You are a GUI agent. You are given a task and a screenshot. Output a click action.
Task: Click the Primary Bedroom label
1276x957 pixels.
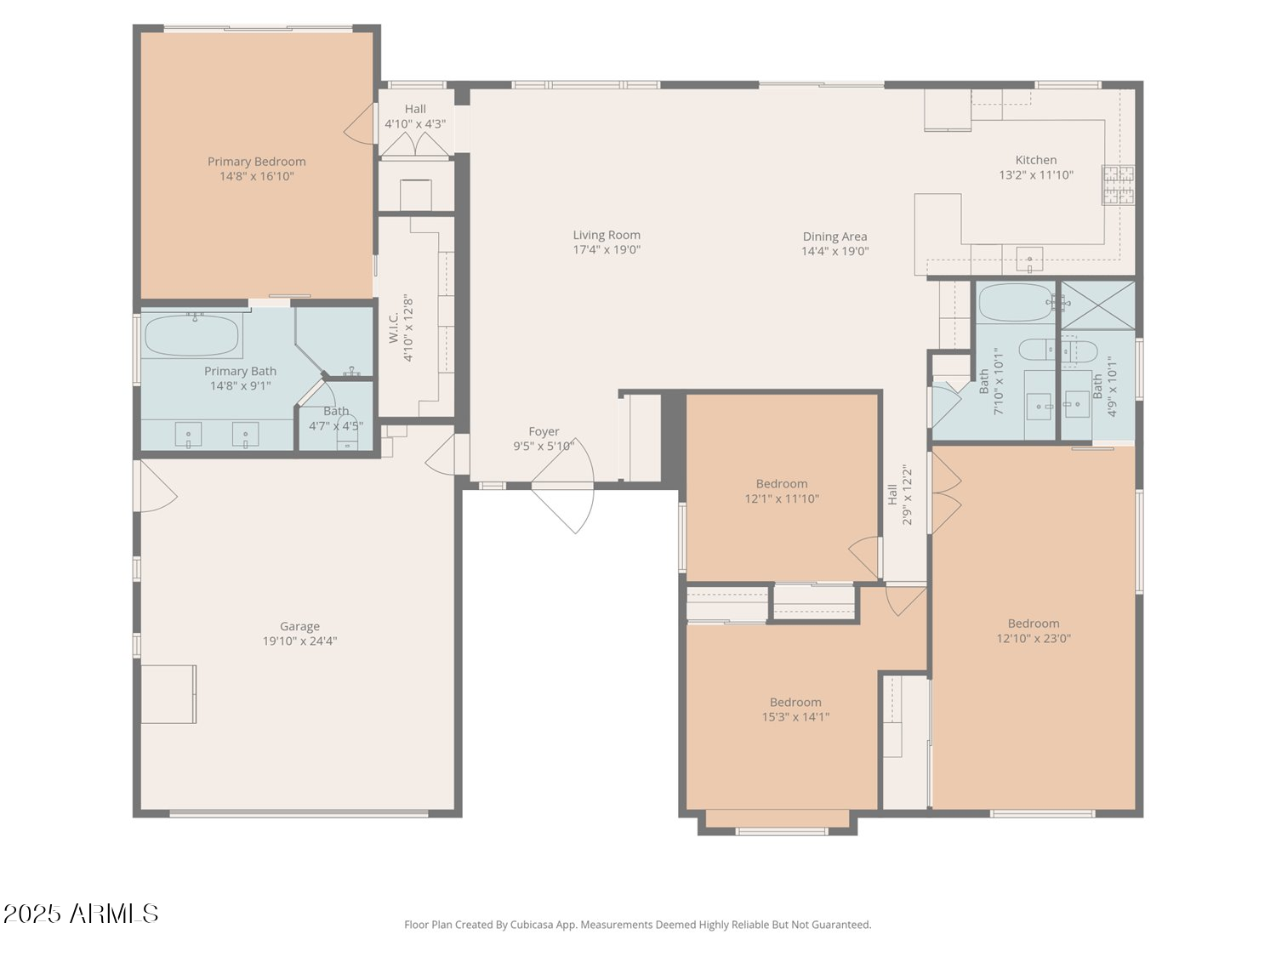pos(256,162)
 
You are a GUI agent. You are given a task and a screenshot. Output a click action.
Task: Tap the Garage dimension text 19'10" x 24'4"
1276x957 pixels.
pos(299,641)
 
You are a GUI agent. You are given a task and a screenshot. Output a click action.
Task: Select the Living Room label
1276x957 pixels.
pos(607,236)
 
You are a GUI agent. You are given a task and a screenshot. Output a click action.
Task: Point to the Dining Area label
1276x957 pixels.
pos(835,236)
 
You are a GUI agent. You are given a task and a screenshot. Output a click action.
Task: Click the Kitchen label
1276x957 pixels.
pos(1036,160)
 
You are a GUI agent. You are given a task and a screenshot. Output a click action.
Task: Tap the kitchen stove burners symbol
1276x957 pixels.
pos(1118,185)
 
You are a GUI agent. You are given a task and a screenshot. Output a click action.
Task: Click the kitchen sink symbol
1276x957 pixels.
pos(1029,259)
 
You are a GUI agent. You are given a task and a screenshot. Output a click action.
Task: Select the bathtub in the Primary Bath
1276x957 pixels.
pos(191,335)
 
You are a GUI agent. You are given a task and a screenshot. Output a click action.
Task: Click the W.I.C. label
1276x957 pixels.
pos(394,328)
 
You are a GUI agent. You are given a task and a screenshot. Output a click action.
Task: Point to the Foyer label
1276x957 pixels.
pos(544,432)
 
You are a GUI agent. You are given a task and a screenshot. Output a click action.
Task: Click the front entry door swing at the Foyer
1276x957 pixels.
pos(563,486)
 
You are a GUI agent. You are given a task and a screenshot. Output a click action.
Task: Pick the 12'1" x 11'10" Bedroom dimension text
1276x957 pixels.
pos(781,498)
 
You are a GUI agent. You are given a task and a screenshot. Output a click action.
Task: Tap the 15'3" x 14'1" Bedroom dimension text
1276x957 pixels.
pos(795,717)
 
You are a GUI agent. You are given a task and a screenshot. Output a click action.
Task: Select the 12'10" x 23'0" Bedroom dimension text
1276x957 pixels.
pos(1033,639)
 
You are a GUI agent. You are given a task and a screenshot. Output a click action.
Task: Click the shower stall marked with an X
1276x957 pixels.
pos(1098,305)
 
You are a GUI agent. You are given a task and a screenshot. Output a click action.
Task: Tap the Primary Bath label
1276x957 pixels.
pos(240,371)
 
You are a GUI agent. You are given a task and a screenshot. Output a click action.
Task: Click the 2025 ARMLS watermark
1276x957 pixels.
pos(80,914)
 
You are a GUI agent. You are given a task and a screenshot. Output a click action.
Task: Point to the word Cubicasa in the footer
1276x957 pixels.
pos(532,925)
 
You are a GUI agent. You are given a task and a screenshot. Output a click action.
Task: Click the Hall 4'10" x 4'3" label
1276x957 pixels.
pos(415,117)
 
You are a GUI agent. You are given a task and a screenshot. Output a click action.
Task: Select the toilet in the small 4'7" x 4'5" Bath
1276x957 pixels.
pos(348,434)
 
